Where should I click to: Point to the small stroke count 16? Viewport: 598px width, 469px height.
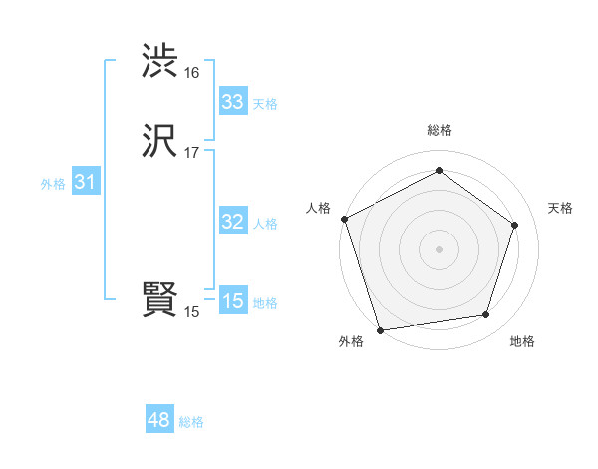point(191,73)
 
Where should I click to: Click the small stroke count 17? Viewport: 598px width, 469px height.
point(191,153)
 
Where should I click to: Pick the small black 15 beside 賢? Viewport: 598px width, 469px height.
point(191,312)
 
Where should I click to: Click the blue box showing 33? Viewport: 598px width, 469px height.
point(233,102)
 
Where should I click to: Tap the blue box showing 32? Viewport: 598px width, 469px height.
point(233,222)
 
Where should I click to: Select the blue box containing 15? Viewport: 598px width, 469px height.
point(233,301)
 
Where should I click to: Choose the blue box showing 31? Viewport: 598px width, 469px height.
point(85,182)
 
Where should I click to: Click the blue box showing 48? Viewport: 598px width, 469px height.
point(159,420)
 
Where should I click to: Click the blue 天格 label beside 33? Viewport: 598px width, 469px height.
point(265,104)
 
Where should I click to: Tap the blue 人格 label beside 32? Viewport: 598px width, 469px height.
point(265,224)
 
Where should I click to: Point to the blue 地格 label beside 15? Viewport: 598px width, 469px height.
point(265,303)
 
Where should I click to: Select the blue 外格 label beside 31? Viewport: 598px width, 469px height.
point(53,184)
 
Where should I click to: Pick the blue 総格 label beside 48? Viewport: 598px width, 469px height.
point(191,422)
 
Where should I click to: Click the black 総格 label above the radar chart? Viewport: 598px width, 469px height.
point(439,130)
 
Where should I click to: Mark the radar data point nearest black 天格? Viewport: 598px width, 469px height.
point(515,225)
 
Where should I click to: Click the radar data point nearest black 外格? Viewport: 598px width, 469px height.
point(380,329)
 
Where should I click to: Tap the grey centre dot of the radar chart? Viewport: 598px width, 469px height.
point(439,248)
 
